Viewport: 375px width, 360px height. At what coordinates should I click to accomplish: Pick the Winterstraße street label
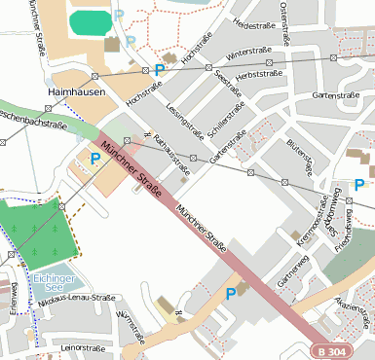[x=247, y=52]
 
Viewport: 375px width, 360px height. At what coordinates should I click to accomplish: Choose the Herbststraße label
[x=259, y=73]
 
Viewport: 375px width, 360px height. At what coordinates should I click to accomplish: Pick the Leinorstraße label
[x=82, y=346]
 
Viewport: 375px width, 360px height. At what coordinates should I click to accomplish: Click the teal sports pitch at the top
[x=91, y=20]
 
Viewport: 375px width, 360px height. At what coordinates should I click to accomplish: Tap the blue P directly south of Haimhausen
[x=95, y=159]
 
